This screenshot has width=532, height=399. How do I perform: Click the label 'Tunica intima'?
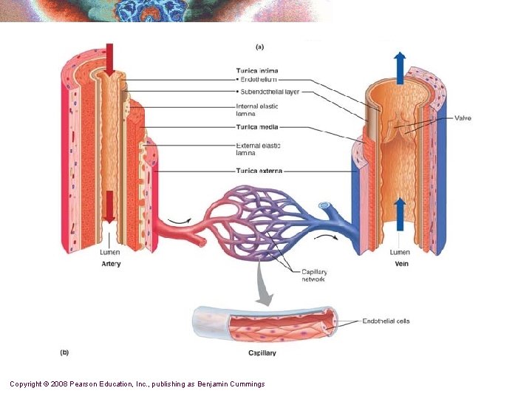click(x=257, y=71)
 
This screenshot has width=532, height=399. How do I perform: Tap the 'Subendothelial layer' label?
click(x=269, y=92)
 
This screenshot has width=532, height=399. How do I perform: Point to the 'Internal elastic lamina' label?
click(x=257, y=110)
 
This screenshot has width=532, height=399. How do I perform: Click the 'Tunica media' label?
click(x=256, y=126)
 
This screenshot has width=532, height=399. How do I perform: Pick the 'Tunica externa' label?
click(x=259, y=171)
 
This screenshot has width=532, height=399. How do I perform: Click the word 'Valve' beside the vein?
click(x=463, y=118)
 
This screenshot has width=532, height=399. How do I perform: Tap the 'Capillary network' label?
click(x=314, y=276)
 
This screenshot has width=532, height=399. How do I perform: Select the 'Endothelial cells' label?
click(x=386, y=321)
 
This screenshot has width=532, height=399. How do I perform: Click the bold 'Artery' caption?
click(x=111, y=264)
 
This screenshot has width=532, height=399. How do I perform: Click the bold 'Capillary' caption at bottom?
click(x=262, y=353)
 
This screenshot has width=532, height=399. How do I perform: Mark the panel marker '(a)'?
click(x=259, y=47)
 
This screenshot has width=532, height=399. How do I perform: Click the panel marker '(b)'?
click(x=64, y=352)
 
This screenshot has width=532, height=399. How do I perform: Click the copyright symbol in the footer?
click(x=46, y=384)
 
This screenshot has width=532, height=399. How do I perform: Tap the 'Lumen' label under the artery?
click(x=110, y=253)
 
